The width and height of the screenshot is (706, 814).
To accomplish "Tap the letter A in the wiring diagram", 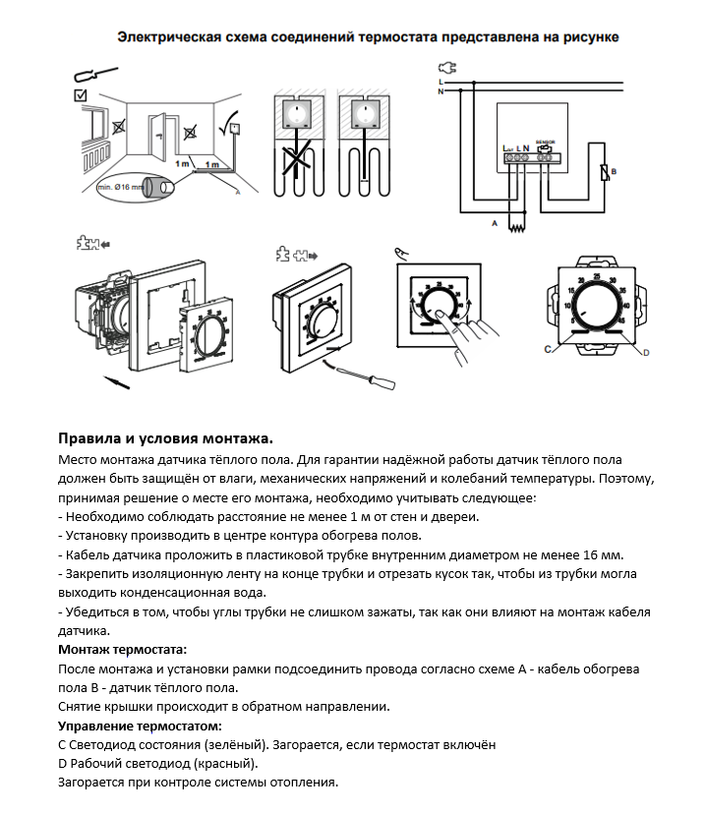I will [495, 225].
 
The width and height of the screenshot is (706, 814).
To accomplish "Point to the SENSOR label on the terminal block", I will [547, 143].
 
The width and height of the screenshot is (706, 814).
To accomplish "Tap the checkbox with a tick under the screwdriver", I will [81, 95].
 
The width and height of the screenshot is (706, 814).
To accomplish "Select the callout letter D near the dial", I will [646, 351].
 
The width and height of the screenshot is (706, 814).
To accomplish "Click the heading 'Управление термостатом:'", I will [141, 726].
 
